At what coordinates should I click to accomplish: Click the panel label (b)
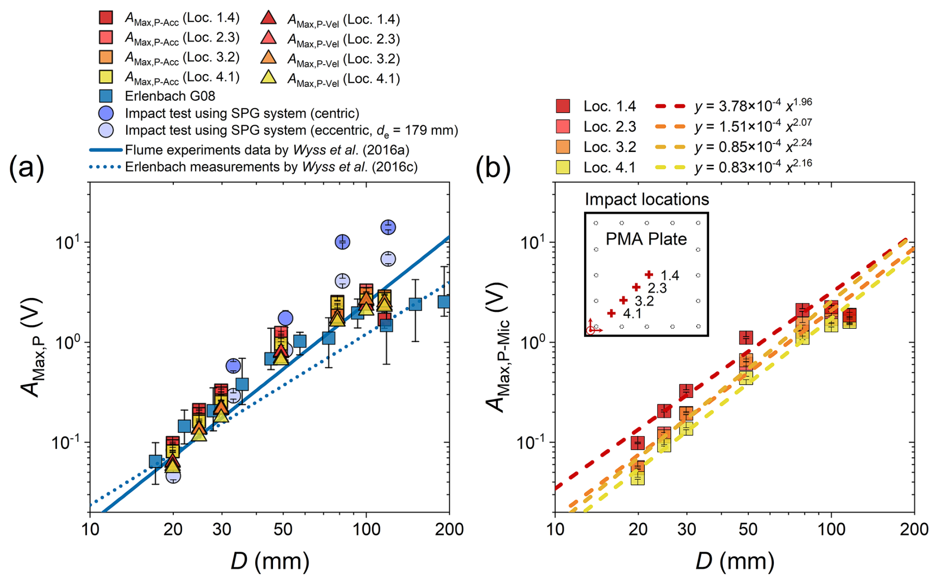493,168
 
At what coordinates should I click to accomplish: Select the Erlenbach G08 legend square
106,96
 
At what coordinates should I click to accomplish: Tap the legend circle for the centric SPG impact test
106,113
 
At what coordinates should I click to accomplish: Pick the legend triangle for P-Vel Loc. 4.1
268,77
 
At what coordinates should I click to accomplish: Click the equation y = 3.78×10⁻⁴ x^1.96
753,105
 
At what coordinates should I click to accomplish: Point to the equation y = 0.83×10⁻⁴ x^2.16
753,167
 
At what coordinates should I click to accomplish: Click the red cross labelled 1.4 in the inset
649,275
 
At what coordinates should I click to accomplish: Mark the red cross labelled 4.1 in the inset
611,313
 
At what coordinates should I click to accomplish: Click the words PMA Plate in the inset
646,239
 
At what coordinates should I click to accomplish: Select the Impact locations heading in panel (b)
647,199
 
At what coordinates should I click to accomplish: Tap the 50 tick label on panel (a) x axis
283,529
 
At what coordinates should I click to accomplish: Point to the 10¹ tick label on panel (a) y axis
67,243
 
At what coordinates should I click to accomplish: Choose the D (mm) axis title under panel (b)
735,561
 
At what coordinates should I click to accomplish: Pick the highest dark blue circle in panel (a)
388,227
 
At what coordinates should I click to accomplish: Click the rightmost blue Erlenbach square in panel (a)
444,301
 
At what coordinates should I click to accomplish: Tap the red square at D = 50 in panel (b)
745,338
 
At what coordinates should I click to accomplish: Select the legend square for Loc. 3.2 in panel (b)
563,147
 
